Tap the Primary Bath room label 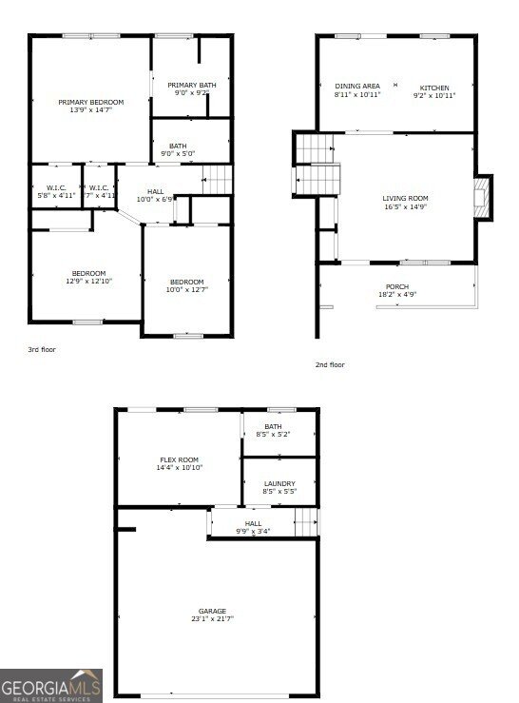tap(193, 85)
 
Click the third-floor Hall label tap(156, 191)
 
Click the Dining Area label tap(357, 86)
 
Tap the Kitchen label tap(434, 88)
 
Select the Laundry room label tap(279, 483)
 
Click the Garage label tap(213, 611)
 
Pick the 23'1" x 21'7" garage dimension tap(213, 619)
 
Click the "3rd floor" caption tap(42, 350)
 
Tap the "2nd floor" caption tap(330, 364)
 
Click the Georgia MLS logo tap(51, 685)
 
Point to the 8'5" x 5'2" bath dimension tap(273, 435)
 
